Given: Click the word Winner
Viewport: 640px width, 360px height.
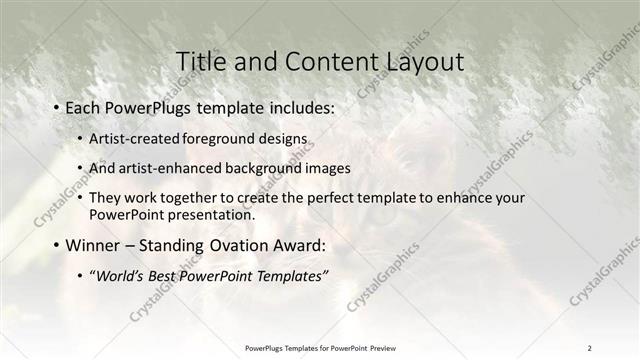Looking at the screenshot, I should [92, 245].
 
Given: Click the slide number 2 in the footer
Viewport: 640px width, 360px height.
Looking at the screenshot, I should [590, 347].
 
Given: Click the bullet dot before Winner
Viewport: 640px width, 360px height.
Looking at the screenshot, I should [55, 246].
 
